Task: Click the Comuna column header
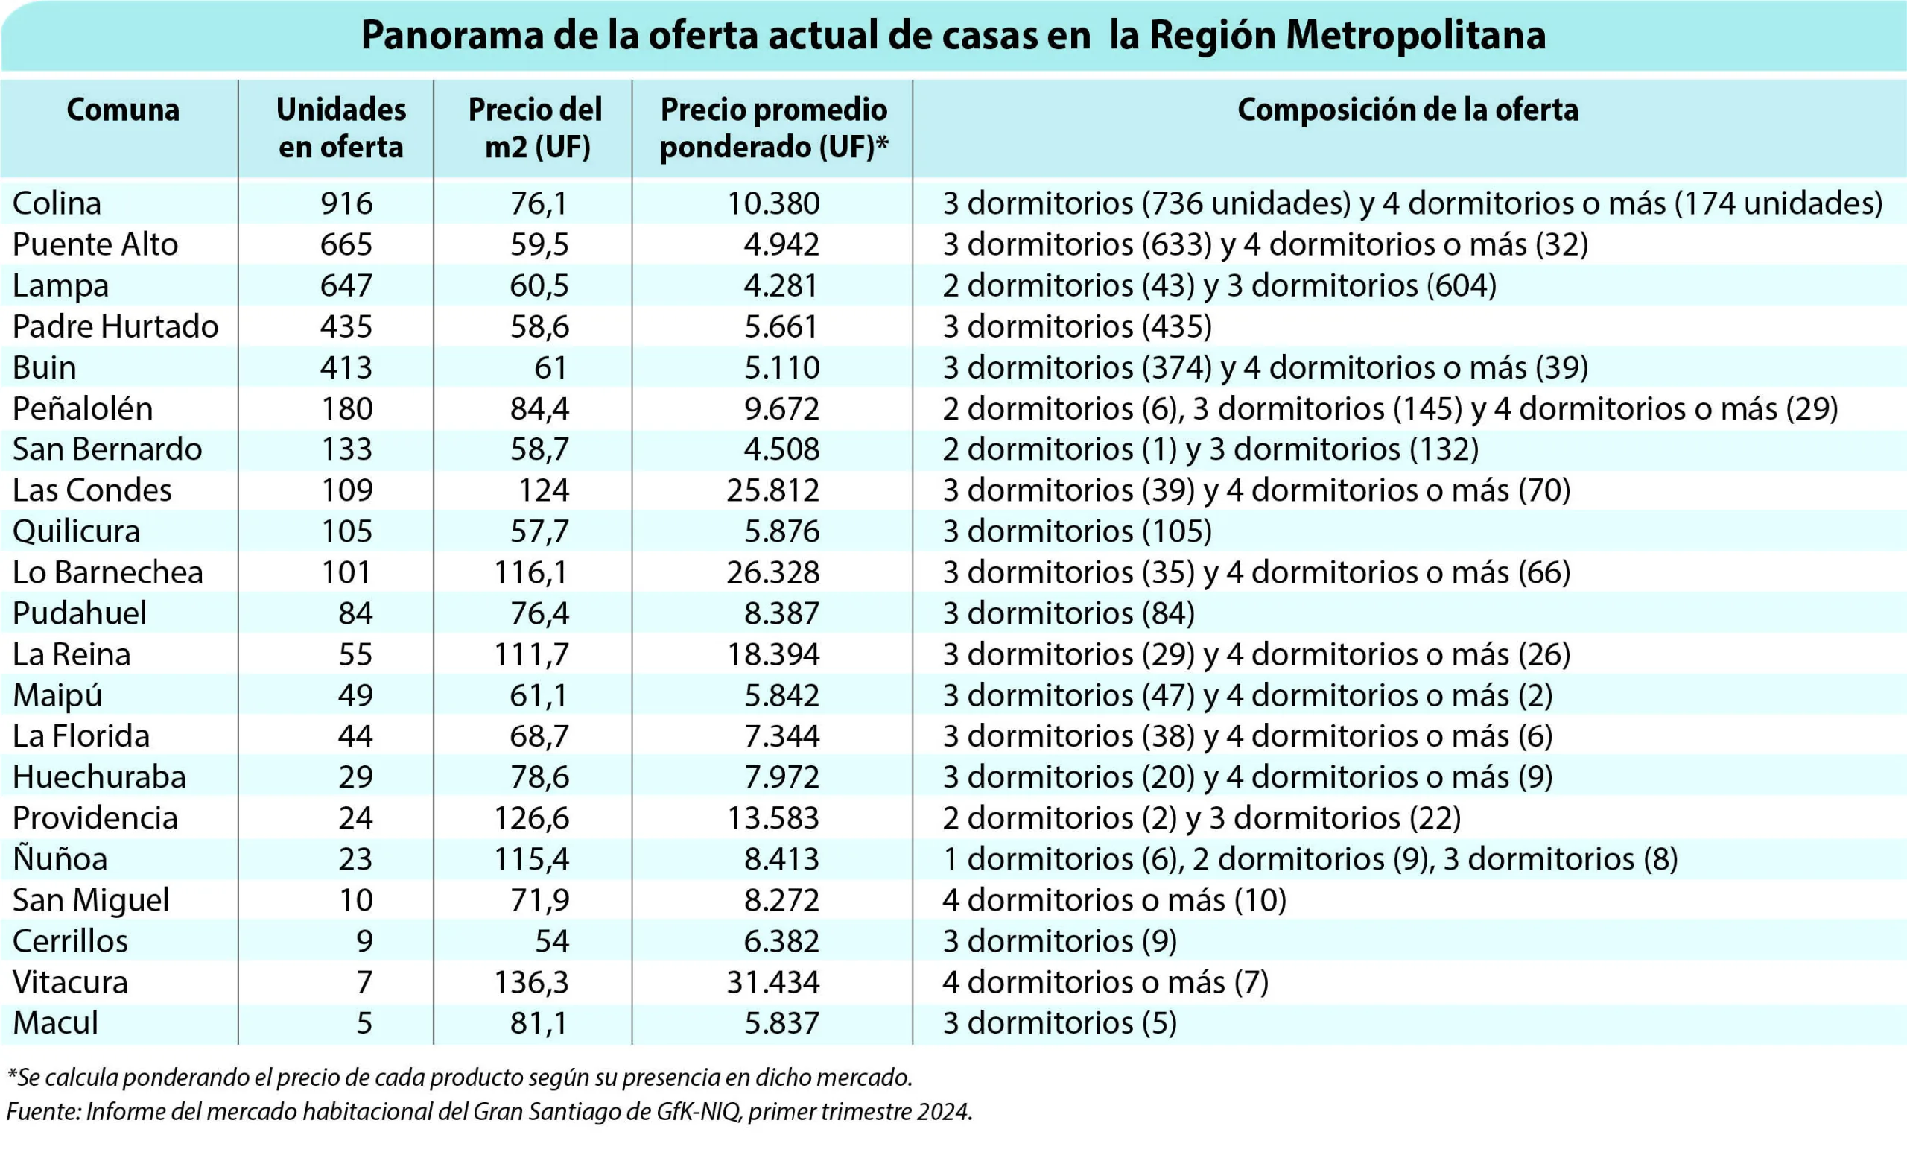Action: [123, 110]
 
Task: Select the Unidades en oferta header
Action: [341, 127]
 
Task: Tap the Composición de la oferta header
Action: [1408, 110]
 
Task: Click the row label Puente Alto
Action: [95, 244]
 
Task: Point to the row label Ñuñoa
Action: [60, 858]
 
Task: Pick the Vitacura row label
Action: [71, 982]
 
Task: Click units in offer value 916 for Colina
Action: [346, 203]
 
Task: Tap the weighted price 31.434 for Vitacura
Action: [772, 982]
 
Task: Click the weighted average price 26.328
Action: [772, 573]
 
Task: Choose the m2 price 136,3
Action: [532, 982]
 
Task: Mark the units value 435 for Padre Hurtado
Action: [346, 326]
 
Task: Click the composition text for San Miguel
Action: [1114, 900]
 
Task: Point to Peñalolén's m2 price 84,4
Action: [539, 408]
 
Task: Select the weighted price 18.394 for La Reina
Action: [772, 655]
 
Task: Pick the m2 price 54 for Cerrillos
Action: [552, 941]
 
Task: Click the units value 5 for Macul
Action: [364, 1023]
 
